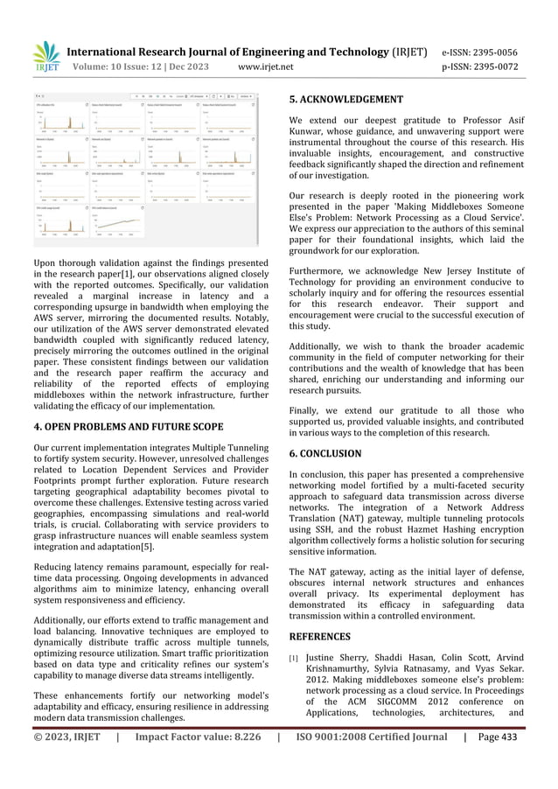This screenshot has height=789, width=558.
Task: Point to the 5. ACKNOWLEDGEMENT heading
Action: tap(345, 99)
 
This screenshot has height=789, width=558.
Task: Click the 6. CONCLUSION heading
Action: tap(324, 453)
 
